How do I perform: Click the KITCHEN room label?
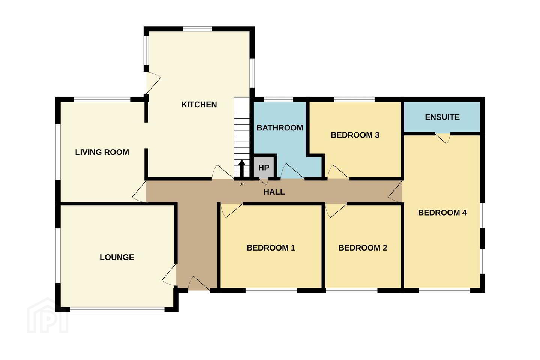pos(199,104)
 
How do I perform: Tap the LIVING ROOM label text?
pos(102,152)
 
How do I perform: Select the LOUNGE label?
pos(117,257)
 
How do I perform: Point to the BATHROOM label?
pos(280,128)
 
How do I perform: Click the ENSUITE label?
pos(442,117)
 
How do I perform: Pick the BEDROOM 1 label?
pos(271,247)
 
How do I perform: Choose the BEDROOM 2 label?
pos(363,247)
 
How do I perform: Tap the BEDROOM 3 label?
pos(355,135)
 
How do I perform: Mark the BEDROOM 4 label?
pos(442,213)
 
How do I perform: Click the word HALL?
pos(274,192)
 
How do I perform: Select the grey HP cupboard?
pos(264,168)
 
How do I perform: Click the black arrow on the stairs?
pos(242,168)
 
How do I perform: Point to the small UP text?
pos(242,184)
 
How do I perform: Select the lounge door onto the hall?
pos(169,275)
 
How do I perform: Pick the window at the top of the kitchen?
pos(197,29)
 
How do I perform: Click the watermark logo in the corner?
pos(48,316)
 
